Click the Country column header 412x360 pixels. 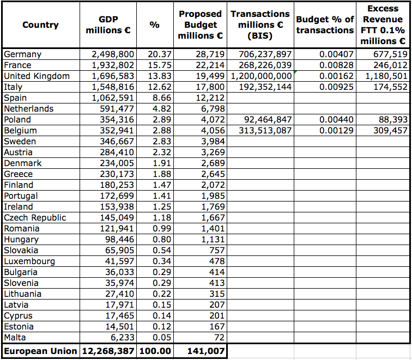click(x=40, y=25)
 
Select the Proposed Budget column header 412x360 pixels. click(x=200, y=25)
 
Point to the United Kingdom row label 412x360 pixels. click(x=37, y=76)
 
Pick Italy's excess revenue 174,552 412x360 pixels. click(x=391, y=87)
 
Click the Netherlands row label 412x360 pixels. click(x=28, y=109)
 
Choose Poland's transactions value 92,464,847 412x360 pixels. click(x=265, y=120)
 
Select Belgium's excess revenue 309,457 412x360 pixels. click(x=391, y=131)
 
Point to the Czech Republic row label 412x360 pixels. click(x=35, y=218)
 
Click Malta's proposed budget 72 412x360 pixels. click(x=219, y=338)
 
